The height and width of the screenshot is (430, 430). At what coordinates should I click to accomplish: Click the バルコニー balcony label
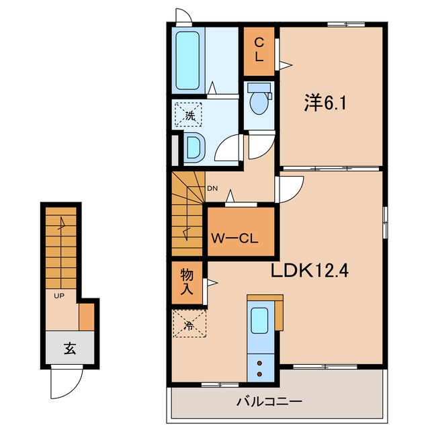269,402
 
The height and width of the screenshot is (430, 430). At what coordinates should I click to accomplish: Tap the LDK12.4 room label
310,271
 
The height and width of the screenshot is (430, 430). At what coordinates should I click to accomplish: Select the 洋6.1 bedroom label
325,103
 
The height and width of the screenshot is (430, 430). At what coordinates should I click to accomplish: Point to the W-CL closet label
234,239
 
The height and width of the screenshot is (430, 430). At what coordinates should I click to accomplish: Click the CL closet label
259,50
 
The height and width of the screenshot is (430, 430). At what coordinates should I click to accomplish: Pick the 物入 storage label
187,282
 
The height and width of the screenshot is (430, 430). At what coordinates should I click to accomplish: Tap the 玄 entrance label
70,349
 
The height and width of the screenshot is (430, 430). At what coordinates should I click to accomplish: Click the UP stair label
59,296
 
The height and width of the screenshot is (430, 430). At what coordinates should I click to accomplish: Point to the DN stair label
212,188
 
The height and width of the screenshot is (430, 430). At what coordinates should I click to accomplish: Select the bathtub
187,60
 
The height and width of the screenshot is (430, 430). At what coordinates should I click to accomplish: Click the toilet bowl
259,103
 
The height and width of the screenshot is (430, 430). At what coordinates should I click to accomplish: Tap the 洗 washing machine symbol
188,115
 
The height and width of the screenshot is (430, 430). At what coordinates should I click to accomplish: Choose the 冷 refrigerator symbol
189,324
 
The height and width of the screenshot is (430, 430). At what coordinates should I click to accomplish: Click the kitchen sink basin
259,321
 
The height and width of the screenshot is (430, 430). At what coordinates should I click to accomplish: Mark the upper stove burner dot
259,363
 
